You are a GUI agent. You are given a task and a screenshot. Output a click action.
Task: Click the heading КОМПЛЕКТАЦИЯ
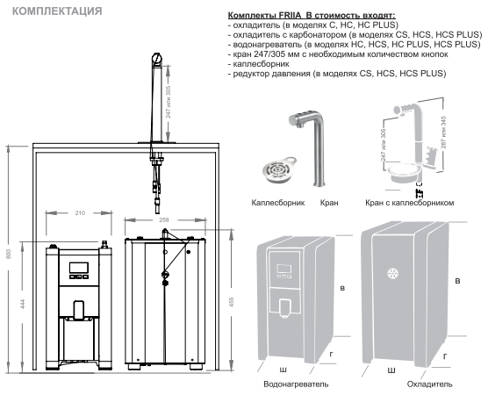[57, 11]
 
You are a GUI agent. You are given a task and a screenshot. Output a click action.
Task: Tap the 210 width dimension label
[80, 213]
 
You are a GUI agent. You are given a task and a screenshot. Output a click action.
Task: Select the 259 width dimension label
[164, 220]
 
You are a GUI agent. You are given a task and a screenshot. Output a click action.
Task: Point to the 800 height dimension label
[9, 254]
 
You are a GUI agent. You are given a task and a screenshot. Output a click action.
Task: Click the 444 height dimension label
[23, 304]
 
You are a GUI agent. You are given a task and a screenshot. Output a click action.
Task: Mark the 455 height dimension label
[231, 302]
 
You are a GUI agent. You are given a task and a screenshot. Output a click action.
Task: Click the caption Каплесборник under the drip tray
[278, 203]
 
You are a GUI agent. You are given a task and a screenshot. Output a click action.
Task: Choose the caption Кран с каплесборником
[410, 203]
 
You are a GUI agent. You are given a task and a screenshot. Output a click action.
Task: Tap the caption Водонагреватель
[296, 384]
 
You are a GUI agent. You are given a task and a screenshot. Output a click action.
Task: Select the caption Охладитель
[429, 384]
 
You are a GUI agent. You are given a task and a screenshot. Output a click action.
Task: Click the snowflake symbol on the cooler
[392, 273]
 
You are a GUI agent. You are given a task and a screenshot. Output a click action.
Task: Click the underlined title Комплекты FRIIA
[264, 15]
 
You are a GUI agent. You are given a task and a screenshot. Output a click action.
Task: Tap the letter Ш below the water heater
[283, 370]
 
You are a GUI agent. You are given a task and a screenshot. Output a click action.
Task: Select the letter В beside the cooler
[457, 281]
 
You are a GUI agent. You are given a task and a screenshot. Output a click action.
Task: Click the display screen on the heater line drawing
[79, 268]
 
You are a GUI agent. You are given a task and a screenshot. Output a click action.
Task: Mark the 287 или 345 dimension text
[444, 132]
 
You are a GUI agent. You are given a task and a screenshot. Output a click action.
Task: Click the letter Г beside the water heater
[332, 354]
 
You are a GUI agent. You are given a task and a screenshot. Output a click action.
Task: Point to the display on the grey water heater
[284, 269]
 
